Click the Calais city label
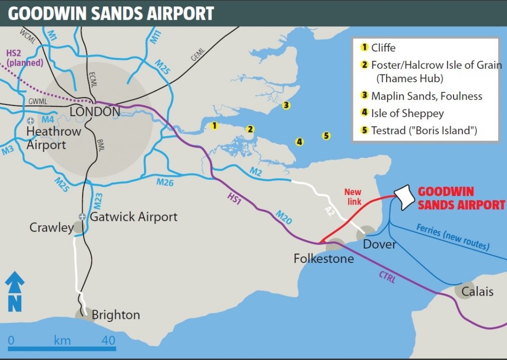tap(477, 292)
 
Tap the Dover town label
tap(379, 244)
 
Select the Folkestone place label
tap(323, 258)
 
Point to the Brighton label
tap(115, 315)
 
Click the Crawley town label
tap(51, 228)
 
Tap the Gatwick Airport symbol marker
tap(83, 217)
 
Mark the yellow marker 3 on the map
tap(285, 105)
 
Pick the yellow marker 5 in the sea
tap(325, 136)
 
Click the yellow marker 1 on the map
tap(214, 126)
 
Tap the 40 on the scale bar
tap(108, 341)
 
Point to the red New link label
tap(353, 196)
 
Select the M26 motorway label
tap(165, 182)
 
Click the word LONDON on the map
tap(95, 112)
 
